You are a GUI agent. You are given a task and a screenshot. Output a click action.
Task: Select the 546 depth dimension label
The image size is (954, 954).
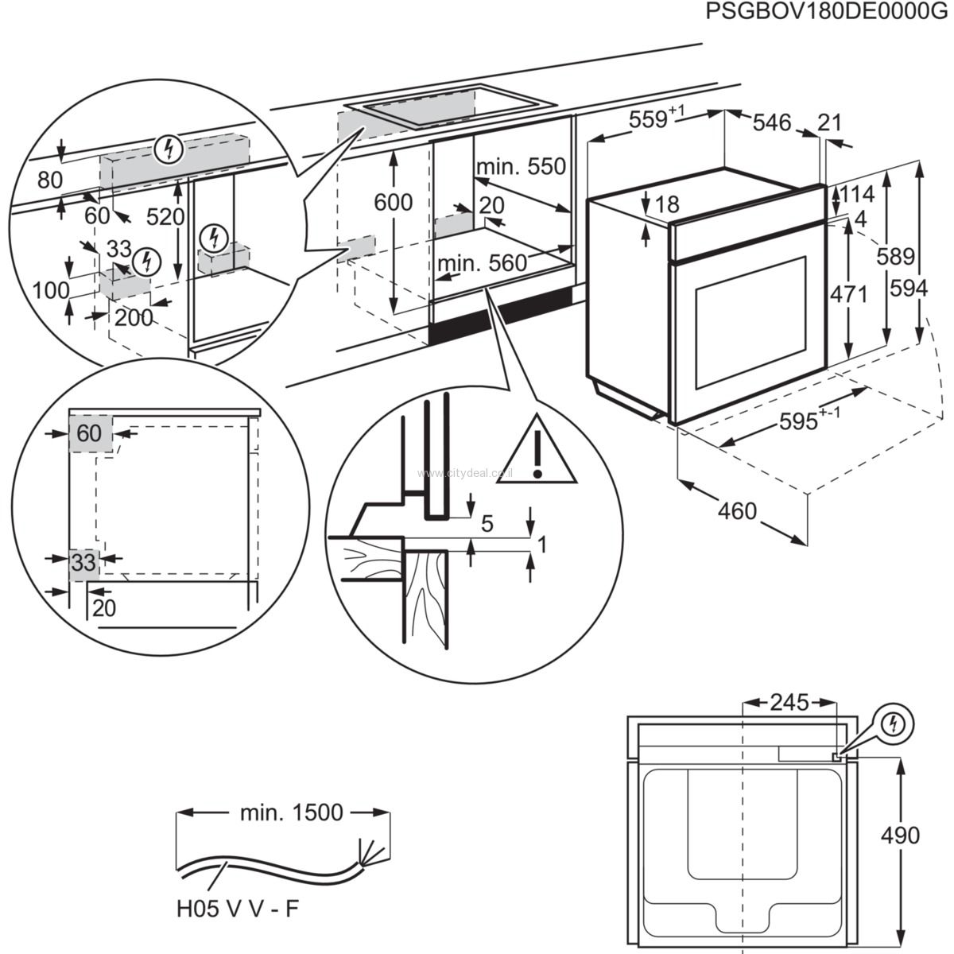(x=772, y=122)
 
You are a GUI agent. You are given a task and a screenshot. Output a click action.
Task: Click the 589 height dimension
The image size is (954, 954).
(x=896, y=256)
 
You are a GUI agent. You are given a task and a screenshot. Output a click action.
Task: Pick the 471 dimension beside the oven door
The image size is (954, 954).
(x=848, y=293)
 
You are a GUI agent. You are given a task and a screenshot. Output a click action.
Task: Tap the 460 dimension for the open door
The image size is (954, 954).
(x=737, y=510)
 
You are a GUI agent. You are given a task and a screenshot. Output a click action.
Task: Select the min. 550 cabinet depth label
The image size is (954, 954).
(x=521, y=167)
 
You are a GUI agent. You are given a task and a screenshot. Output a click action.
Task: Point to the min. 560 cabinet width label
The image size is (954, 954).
(x=482, y=262)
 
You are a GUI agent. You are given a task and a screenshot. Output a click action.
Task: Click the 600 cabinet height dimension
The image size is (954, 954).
(x=394, y=203)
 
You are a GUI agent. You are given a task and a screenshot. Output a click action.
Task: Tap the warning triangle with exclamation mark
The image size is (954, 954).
(x=538, y=451)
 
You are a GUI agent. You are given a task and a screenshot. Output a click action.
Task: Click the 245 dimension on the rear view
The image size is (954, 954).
(x=789, y=702)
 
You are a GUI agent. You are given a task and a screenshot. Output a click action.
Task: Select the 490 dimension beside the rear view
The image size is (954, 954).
(x=900, y=835)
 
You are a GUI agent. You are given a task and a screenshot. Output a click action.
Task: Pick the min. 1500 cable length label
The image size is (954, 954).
(x=291, y=812)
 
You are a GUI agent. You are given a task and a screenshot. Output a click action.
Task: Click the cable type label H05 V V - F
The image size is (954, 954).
(x=238, y=909)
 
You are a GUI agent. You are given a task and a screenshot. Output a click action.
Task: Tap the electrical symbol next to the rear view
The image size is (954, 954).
(x=895, y=723)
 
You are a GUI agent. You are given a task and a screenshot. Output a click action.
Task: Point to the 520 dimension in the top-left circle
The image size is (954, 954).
(x=165, y=217)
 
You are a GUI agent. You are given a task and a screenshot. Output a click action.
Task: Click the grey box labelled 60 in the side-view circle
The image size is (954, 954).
(x=90, y=433)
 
